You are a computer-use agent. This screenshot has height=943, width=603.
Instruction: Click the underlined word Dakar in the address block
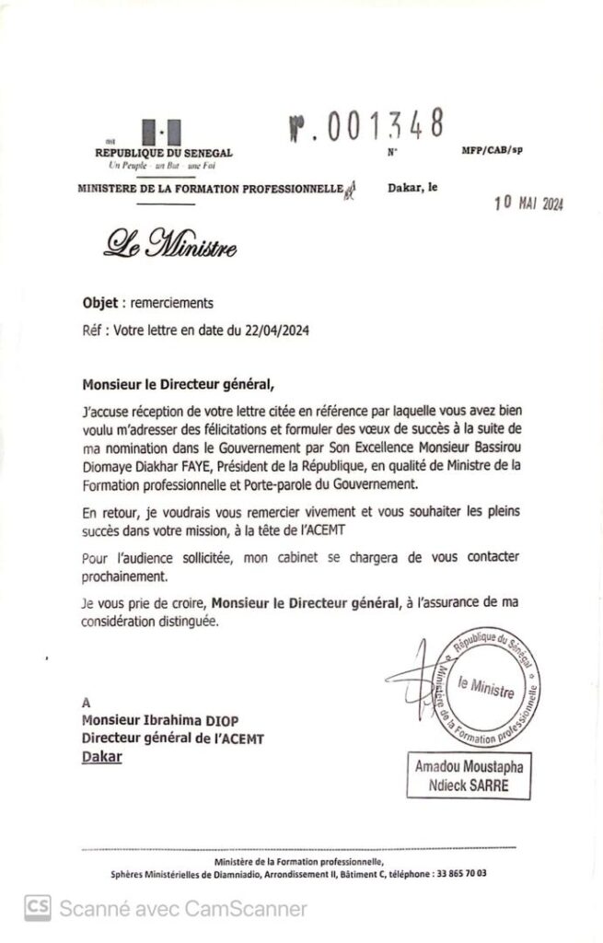[101, 757]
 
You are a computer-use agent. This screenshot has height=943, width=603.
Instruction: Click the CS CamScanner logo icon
[38, 908]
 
